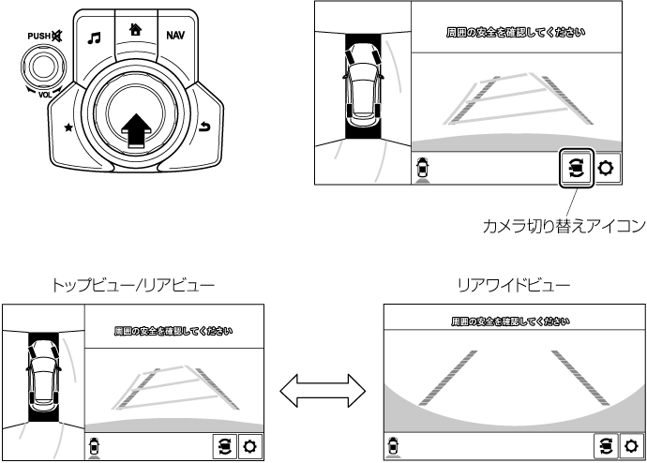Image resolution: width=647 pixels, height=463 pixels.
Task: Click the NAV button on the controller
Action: pyautogui.click(x=175, y=36)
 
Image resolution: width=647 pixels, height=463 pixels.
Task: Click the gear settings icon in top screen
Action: pyautogui.click(x=606, y=170)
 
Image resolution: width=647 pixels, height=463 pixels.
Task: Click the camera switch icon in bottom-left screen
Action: pyautogui.click(x=224, y=445)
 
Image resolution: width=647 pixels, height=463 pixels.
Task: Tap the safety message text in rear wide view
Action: pyautogui.click(x=509, y=321)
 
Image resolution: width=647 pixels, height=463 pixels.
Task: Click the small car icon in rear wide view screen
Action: pyautogui.click(x=392, y=445)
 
